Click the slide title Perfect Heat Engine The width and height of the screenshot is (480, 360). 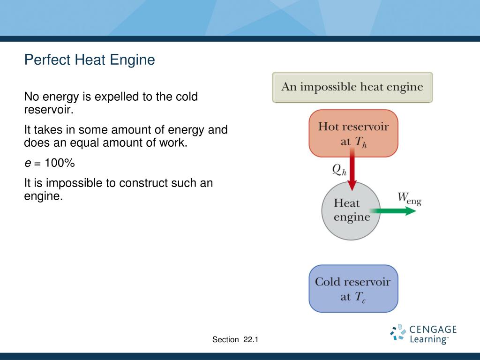pyautogui.click(x=90, y=60)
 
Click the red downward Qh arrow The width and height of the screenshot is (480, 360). pyautogui.click(x=352, y=171)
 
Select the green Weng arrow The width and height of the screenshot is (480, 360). pyautogui.click(x=396, y=211)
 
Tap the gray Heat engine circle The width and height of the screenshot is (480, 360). pyautogui.click(x=351, y=211)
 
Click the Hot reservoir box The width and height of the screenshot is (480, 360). pyautogui.click(x=353, y=133)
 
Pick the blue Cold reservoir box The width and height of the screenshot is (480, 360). pyautogui.click(x=353, y=289)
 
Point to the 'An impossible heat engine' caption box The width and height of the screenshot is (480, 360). pyautogui.click(x=352, y=87)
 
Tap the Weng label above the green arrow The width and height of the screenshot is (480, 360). pyautogui.click(x=409, y=198)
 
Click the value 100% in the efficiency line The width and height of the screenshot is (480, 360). pyautogui.click(x=60, y=164)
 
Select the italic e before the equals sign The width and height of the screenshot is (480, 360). pyautogui.click(x=27, y=164)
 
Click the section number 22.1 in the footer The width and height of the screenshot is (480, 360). pyautogui.click(x=251, y=340)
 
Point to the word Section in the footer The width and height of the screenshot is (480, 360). pyautogui.click(x=225, y=340)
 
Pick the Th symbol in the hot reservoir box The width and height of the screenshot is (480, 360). pyautogui.click(x=360, y=142)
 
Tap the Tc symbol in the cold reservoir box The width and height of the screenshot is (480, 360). pyautogui.click(x=360, y=297)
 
